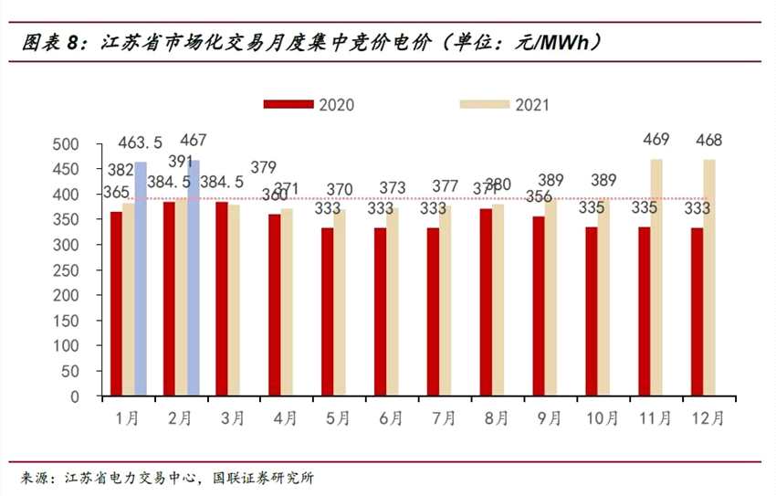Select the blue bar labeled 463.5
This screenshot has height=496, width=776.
click(141, 279)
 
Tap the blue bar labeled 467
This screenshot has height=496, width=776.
click(194, 278)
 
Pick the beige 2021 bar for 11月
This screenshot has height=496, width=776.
click(656, 278)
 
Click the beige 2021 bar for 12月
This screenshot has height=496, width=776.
click(709, 278)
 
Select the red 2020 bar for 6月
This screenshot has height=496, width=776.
click(380, 312)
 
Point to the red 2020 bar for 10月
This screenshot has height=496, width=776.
click(592, 311)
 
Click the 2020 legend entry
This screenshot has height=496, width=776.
click(309, 104)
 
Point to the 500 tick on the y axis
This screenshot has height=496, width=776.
click(68, 144)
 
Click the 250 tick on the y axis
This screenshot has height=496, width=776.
click(68, 270)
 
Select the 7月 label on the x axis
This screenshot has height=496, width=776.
click(444, 418)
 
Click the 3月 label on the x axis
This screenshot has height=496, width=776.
click(233, 418)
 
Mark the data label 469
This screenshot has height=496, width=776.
click(656, 140)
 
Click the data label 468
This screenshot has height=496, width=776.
click(709, 140)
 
